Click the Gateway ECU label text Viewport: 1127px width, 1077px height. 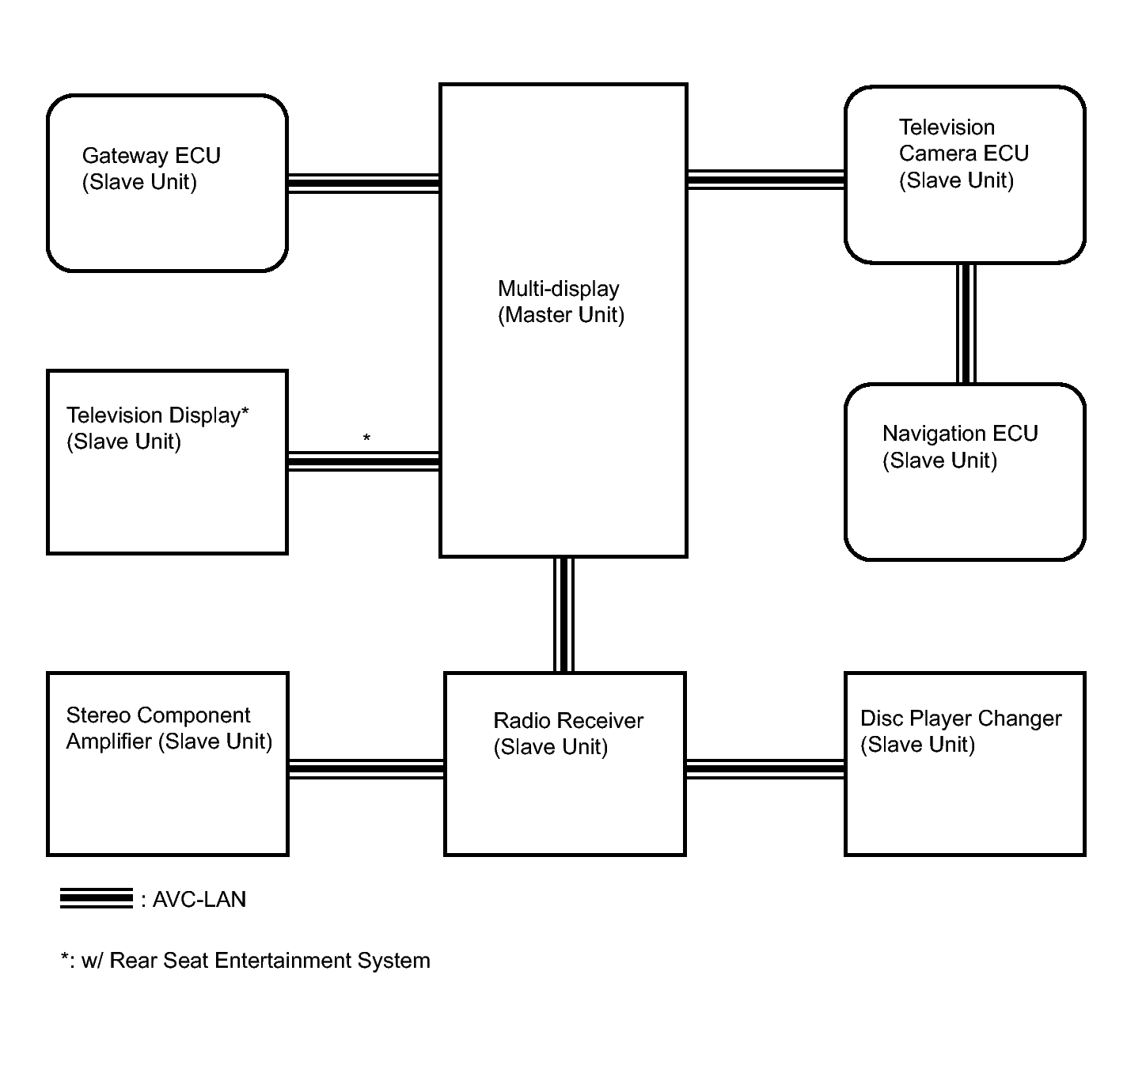[x=151, y=169]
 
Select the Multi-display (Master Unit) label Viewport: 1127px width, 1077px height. [x=560, y=301]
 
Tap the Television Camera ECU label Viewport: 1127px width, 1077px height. [x=964, y=154]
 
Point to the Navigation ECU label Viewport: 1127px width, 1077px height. [x=960, y=446]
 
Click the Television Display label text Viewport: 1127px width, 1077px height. [x=157, y=428]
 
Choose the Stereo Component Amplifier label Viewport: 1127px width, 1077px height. [x=169, y=728]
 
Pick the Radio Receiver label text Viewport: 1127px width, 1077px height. [x=568, y=734]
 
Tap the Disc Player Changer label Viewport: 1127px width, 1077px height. [x=961, y=731]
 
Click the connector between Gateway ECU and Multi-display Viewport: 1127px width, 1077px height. [x=364, y=184]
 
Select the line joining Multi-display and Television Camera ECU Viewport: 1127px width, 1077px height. [x=765, y=180]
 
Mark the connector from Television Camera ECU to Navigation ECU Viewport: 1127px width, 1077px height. [x=966, y=324]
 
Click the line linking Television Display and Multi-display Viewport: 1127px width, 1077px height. [x=364, y=461]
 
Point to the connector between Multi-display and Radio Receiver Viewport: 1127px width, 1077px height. [x=563, y=615]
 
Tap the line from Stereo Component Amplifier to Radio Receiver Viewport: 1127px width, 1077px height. [x=366, y=769]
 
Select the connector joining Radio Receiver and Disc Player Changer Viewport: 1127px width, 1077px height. [x=765, y=769]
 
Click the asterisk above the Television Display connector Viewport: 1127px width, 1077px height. [x=366, y=438]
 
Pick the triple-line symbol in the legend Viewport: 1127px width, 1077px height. [x=96, y=899]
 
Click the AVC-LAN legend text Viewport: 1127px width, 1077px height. [x=199, y=899]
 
